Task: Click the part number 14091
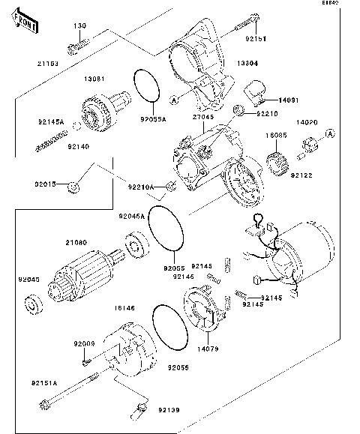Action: coord(289,99)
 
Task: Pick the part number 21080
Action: coord(76,242)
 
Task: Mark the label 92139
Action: coord(168,410)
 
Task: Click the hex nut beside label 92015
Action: coord(73,187)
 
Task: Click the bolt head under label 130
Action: coord(76,49)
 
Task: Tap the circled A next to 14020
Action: coord(328,133)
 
